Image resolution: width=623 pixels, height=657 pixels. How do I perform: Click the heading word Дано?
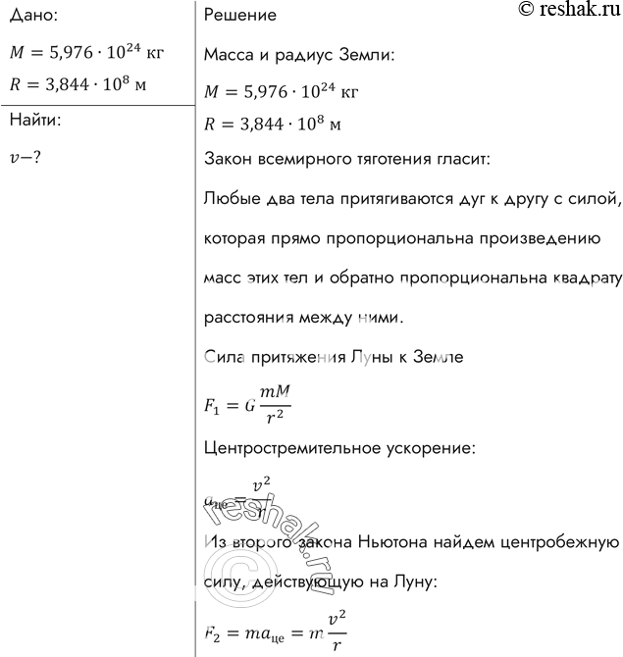[x=31, y=17]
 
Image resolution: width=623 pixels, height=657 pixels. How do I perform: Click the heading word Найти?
[x=34, y=122]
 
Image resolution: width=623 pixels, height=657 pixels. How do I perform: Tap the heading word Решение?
[x=239, y=17]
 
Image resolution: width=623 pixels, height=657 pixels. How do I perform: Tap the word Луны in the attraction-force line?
[x=362, y=357]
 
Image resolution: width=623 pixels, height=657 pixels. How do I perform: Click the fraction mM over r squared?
[x=277, y=403]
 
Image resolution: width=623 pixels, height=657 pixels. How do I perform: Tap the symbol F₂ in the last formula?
[x=213, y=632]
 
